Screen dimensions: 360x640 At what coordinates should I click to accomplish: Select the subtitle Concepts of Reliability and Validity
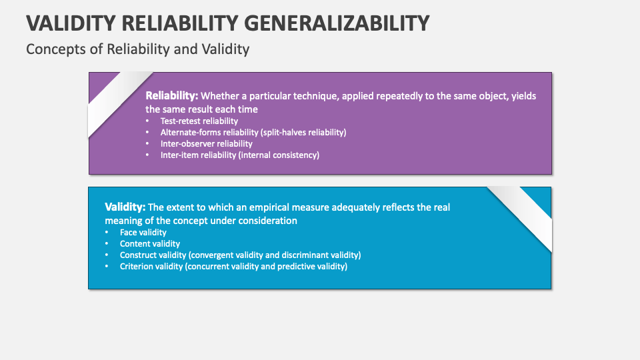pyautogui.click(x=137, y=49)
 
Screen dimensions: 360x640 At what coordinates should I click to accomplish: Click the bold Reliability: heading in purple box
pyautogui.click(x=172, y=96)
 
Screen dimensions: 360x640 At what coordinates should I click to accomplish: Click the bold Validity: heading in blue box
pyautogui.click(x=125, y=207)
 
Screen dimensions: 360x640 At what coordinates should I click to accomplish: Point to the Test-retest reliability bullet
pyautogui.click(x=199, y=121)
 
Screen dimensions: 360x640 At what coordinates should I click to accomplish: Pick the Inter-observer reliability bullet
pyautogui.click(x=207, y=143)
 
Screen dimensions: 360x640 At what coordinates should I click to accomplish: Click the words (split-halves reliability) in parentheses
pyautogui.click(x=303, y=133)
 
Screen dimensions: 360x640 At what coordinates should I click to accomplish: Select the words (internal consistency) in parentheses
pyautogui.click(x=281, y=155)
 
